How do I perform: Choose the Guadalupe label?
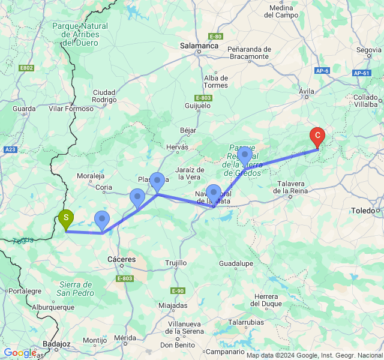(235, 263)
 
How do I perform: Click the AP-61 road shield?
(361, 73)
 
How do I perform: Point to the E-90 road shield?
(177, 291)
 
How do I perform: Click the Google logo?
(19, 353)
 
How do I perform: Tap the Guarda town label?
(24, 109)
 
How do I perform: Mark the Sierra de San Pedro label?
(76, 289)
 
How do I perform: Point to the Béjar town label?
(188, 130)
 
